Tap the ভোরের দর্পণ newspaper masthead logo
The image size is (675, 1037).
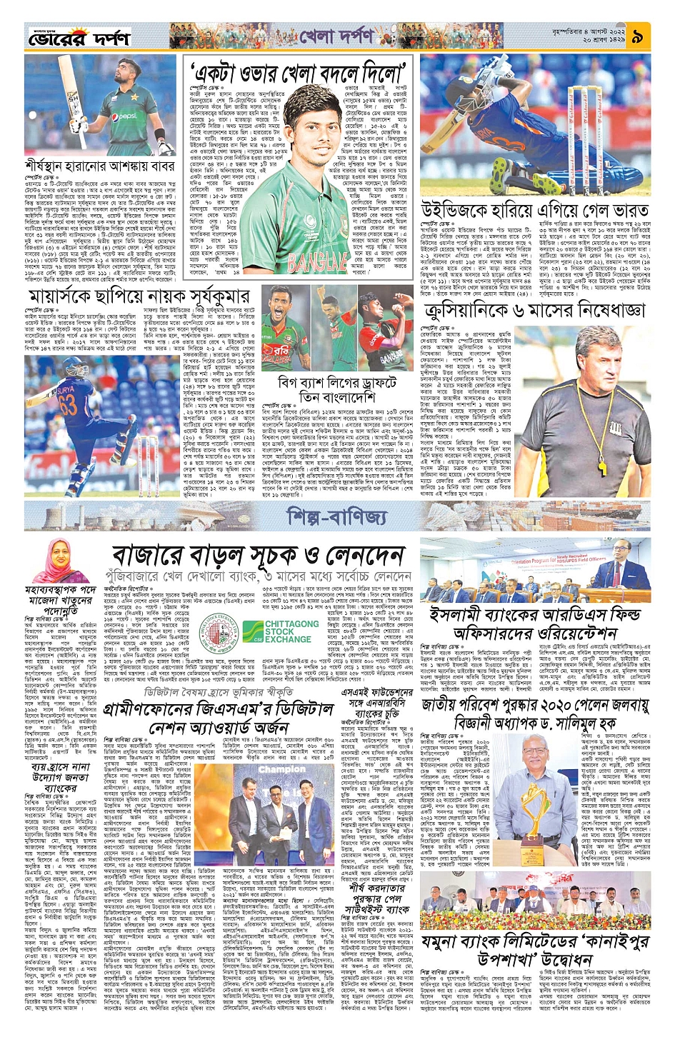point(79,37)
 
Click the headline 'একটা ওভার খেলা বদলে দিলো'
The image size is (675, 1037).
point(299,72)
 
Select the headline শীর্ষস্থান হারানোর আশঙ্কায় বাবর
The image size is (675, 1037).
point(99,166)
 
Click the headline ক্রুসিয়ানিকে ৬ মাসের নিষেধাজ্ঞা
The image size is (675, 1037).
point(534,310)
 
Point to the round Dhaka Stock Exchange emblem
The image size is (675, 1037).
point(221,631)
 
